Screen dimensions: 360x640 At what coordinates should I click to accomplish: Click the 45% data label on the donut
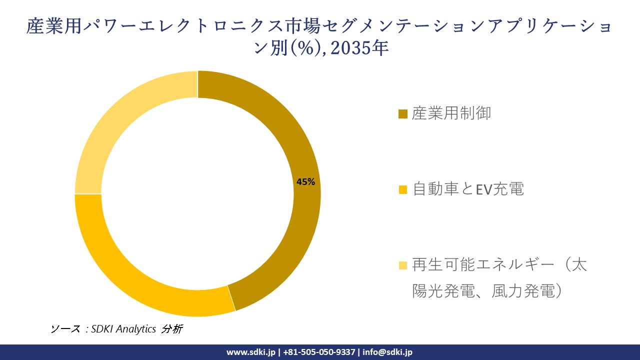[305, 182]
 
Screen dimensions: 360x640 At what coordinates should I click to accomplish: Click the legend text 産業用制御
[451, 113]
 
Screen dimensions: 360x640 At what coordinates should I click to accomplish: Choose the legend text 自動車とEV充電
[468, 189]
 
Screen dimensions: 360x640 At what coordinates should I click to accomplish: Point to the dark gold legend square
[403, 114]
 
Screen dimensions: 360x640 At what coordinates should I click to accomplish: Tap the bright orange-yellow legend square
[403, 190]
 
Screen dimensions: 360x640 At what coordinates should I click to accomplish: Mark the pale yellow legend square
[403, 265]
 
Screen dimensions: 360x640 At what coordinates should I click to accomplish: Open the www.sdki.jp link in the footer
[251, 352]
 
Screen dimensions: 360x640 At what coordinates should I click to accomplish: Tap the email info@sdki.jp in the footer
[387, 352]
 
